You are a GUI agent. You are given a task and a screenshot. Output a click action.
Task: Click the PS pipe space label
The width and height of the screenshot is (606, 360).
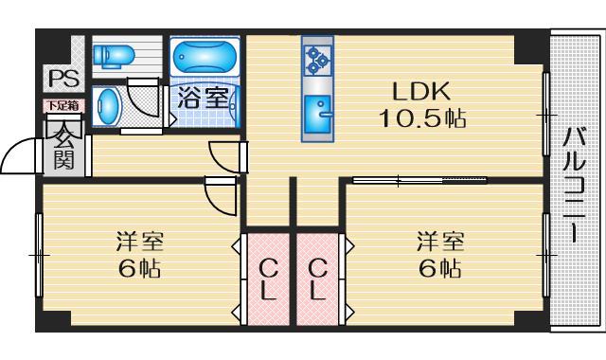[x=64, y=79]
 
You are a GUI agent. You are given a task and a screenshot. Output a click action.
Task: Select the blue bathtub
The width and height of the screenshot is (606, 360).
[x=205, y=57]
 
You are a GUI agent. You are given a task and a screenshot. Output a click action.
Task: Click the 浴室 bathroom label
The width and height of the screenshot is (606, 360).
[x=203, y=99]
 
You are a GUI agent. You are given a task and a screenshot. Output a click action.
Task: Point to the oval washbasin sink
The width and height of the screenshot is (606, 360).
[x=107, y=106]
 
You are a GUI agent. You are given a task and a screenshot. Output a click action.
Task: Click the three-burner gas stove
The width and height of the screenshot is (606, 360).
[x=318, y=60]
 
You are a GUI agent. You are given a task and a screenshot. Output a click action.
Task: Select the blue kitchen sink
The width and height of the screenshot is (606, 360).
[x=318, y=114]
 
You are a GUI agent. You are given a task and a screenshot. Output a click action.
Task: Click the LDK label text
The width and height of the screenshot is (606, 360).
[x=421, y=92]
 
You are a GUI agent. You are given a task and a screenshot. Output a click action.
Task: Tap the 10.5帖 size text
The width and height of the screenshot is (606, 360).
[x=422, y=117]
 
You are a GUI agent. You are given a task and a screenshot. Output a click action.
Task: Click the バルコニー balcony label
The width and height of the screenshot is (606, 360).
[x=574, y=185]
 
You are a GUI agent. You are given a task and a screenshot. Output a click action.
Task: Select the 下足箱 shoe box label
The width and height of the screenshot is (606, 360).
[x=63, y=105]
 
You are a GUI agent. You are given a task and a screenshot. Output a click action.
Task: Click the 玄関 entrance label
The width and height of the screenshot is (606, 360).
[x=63, y=146]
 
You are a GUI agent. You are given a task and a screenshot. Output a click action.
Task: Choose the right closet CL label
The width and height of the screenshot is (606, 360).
[x=318, y=279]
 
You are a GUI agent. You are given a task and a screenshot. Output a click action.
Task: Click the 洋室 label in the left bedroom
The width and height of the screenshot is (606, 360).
[x=140, y=242]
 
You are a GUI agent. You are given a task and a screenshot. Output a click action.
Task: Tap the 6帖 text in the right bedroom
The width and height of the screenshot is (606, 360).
[x=439, y=268]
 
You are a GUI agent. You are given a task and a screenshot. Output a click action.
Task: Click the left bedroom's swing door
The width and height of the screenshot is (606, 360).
[x=220, y=196]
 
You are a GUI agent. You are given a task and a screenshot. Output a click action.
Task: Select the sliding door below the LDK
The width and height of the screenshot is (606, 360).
[x=419, y=180]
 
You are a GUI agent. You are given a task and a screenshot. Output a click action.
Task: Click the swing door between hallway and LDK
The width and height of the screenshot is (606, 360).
[x=228, y=157]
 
